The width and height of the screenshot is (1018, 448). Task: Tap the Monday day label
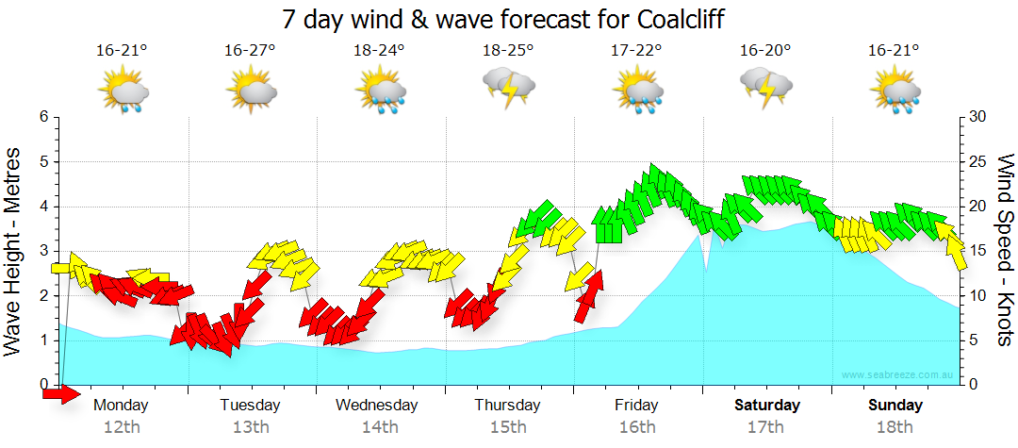click(x=122, y=405)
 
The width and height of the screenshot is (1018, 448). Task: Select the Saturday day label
click(x=767, y=405)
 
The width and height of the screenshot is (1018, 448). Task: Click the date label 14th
click(x=379, y=426)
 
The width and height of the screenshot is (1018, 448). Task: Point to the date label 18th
click(x=895, y=426)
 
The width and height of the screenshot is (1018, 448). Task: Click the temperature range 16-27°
click(x=250, y=50)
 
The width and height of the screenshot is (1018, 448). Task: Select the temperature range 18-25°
click(x=508, y=50)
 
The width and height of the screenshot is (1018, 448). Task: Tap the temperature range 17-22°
click(x=637, y=50)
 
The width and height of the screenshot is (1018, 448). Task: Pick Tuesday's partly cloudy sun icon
click(x=251, y=91)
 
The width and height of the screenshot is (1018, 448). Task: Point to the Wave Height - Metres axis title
click(x=14, y=250)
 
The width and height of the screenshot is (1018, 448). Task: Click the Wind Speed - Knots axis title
click(x=1004, y=250)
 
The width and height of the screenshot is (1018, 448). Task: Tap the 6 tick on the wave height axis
click(x=42, y=117)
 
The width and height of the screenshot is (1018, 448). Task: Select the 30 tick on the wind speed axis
click(x=978, y=117)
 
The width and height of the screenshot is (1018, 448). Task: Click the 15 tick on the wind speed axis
click(x=978, y=251)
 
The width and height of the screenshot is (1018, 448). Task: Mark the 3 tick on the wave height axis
click(x=42, y=251)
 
